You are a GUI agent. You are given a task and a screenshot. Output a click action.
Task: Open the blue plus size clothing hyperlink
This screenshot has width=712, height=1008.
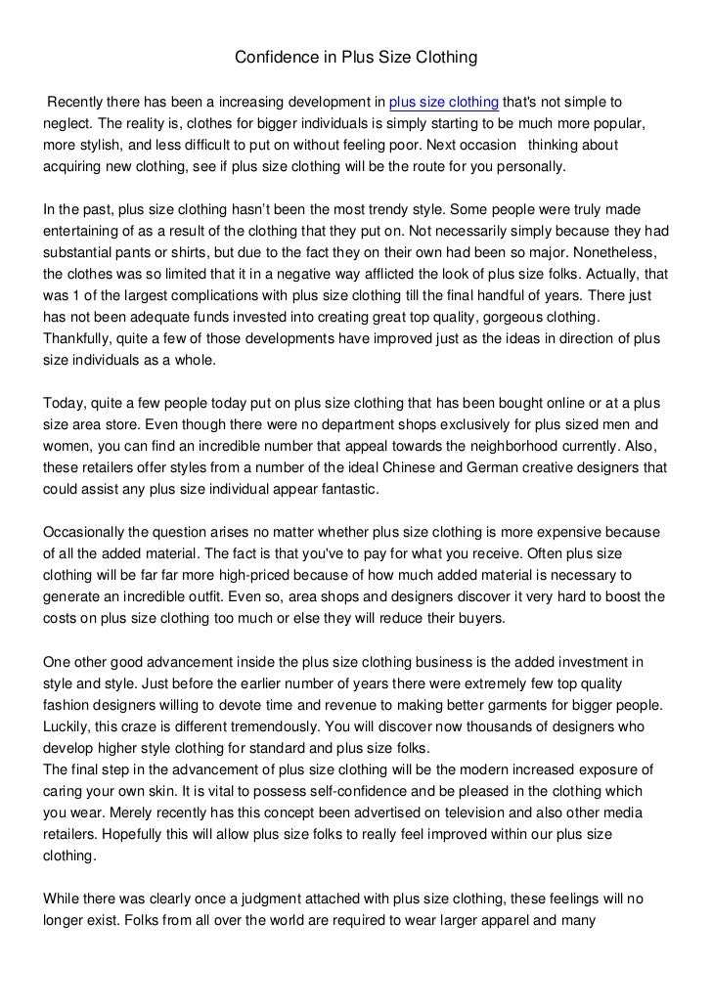pos(444,103)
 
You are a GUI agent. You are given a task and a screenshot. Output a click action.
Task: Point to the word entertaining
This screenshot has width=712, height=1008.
pos(86,231)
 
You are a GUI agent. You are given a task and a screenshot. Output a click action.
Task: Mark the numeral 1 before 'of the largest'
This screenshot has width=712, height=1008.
pos(81,295)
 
